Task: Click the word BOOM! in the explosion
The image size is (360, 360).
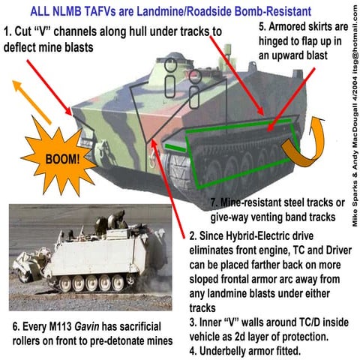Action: pyautogui.click(x=62, y=159)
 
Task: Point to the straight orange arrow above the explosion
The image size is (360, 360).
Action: pyautogui.click(x=31, y=102)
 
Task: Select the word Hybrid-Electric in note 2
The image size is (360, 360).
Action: pyautogui.click(x=256, y=236)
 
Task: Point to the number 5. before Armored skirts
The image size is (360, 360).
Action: pyautogui.click(x=262, y=27)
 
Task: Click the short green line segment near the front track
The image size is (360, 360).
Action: pyautogui.click(x=175, y=148)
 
